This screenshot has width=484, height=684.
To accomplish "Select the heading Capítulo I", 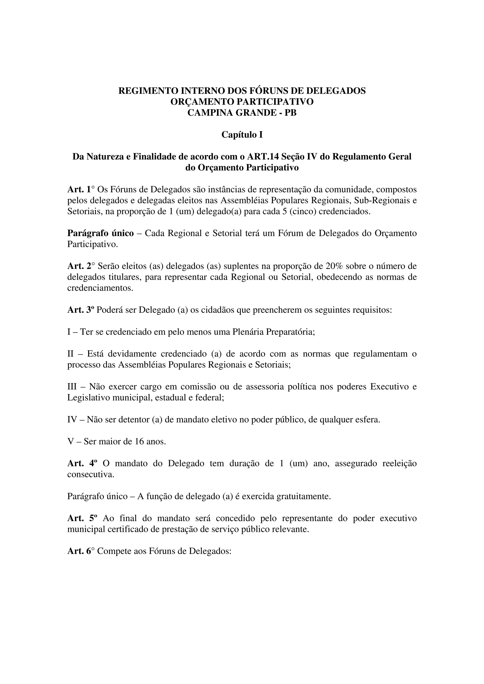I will [242, 135].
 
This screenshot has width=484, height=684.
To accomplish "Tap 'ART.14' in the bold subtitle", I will [265, 156].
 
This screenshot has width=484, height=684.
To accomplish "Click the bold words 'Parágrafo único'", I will [100, 233].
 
